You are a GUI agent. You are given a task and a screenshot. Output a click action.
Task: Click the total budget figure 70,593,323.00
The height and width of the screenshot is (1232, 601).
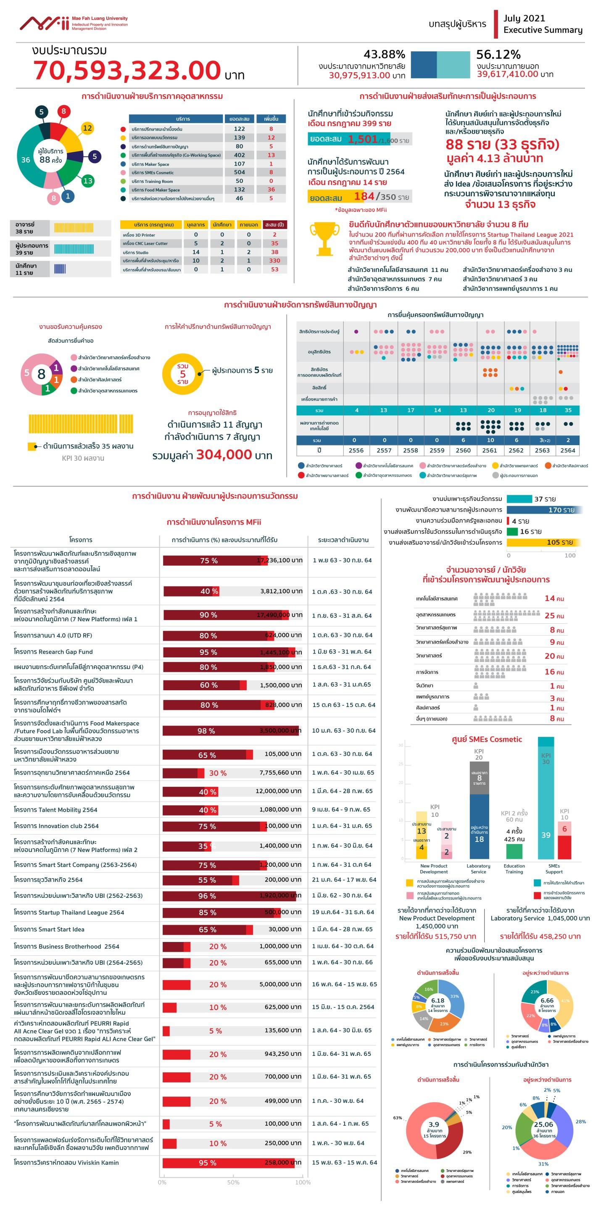tap(127, 71)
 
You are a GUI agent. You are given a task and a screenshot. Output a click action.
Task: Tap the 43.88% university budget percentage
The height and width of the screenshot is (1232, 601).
tap(384, 55)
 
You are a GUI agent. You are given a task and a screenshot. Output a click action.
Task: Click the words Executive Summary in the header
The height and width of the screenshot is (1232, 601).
tap(543, 30)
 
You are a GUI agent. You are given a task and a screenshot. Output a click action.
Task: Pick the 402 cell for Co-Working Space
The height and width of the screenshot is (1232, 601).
tap(239, 155)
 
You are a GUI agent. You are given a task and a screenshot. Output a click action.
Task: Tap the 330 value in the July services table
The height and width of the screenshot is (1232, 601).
tap(274, 261)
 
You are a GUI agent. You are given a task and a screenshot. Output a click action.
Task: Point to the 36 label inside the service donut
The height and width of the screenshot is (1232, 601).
tap(26, 160)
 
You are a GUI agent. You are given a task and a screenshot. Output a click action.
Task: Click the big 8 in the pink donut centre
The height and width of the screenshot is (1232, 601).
tap(41, 374)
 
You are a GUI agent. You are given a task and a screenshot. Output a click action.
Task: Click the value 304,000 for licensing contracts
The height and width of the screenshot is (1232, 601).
tap(224, 454)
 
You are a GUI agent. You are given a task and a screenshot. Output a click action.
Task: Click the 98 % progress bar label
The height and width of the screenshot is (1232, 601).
tap(206, 731)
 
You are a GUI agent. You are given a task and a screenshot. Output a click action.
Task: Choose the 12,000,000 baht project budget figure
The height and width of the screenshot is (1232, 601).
tap(278, 791)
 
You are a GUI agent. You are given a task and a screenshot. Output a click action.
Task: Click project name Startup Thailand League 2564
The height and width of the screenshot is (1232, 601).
tap(69, 913)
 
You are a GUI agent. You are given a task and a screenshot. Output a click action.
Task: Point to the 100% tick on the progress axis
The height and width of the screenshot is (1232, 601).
tap(303, 1182)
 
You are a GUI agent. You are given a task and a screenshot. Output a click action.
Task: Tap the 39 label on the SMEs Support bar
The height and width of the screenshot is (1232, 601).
tap(546, 835)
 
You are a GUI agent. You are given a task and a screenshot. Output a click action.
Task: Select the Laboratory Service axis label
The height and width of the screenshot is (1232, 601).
tap(478, 868)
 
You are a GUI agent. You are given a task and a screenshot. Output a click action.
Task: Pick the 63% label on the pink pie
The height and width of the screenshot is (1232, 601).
tap(397, 1118)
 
